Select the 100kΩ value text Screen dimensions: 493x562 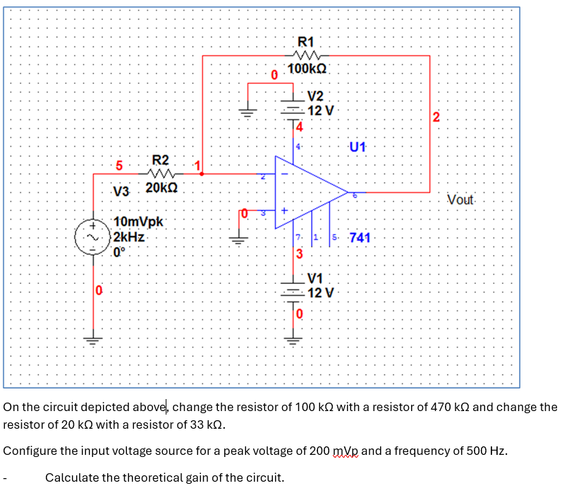click(307, 69)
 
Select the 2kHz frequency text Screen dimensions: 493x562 click(129, 237)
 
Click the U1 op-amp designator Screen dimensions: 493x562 click(358, 148)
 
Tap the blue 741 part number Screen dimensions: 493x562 click(360, 237)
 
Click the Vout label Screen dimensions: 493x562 click(461, 199)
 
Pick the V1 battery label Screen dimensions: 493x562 click(315, 278)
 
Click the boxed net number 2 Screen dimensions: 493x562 click(436, 117)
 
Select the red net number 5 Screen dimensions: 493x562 click(120, 167)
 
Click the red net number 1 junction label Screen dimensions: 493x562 click(198, 166)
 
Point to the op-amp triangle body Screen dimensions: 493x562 click(307, 191)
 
